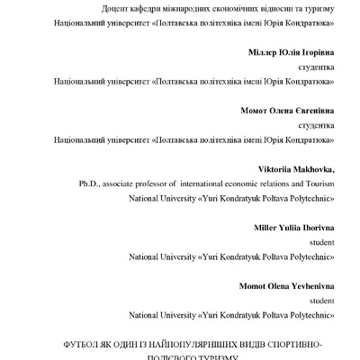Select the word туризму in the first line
(x=316, y=8)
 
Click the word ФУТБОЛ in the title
(x=79, y=345)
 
